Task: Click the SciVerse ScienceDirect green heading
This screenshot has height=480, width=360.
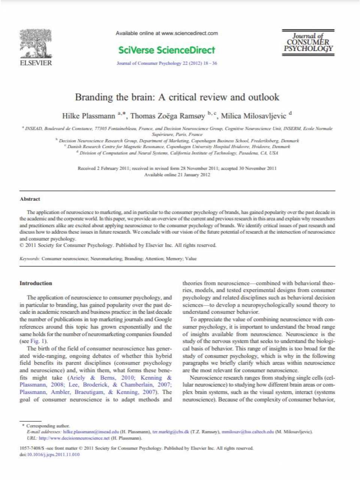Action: click(x=166, y=50)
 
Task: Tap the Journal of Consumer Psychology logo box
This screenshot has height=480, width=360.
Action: click(x=308, y=43)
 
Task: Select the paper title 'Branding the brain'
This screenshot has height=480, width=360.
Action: click(x=177, y=97)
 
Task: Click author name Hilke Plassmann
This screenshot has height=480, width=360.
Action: click(x=89, y=116)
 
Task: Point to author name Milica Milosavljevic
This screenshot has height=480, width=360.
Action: click(x=253, y=116)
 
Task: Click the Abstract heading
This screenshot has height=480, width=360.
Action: click(x=30, y=199)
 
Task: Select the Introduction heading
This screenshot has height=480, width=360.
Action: click(x=36, y=283)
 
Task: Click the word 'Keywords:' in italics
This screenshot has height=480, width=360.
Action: click(x=30, y=258)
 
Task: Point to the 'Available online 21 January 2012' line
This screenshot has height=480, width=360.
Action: click(x=177, y=175)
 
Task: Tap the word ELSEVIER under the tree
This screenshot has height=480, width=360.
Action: click(x=36, y=63)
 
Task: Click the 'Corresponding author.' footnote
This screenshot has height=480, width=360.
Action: click(x=48, y=426)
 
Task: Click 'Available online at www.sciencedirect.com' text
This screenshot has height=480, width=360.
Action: click(x=166, y=33)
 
